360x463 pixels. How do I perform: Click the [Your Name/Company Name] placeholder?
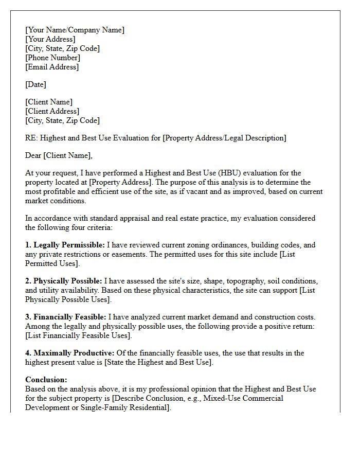coord(75,30)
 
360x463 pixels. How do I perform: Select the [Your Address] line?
coord(50,39)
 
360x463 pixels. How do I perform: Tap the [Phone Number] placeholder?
coord(52,58)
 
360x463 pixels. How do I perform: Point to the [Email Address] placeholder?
coord(52,67)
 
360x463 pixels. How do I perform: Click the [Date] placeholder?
coord(36,84)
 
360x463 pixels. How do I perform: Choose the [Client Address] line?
coord(52,111)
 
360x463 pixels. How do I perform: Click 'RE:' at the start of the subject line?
coord(31,138)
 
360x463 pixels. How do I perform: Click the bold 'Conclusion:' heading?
coord(46,380)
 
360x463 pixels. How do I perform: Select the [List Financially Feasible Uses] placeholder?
coord(78,335)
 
